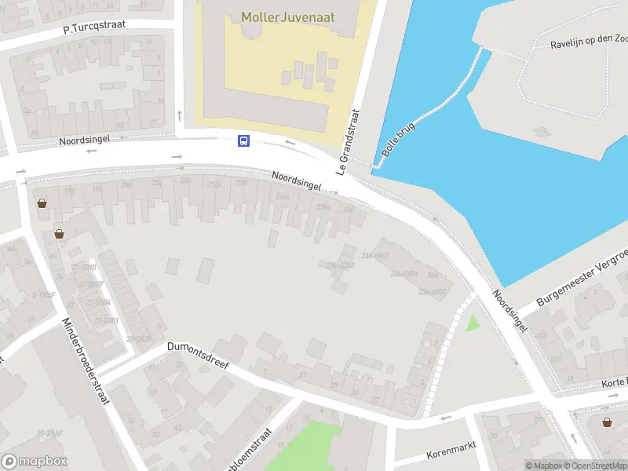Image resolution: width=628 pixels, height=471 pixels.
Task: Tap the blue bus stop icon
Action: (x=244, y=141)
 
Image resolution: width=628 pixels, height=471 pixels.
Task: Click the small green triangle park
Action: (x=472, y=323)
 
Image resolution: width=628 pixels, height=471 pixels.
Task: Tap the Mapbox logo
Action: (x=35, y=462)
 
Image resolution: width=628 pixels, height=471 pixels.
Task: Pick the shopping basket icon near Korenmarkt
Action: (x=608, y=422)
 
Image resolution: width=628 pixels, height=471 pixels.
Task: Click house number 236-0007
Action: (x=433, y=292)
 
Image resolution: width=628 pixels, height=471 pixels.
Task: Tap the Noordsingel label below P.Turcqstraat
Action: (x=84, y=140)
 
